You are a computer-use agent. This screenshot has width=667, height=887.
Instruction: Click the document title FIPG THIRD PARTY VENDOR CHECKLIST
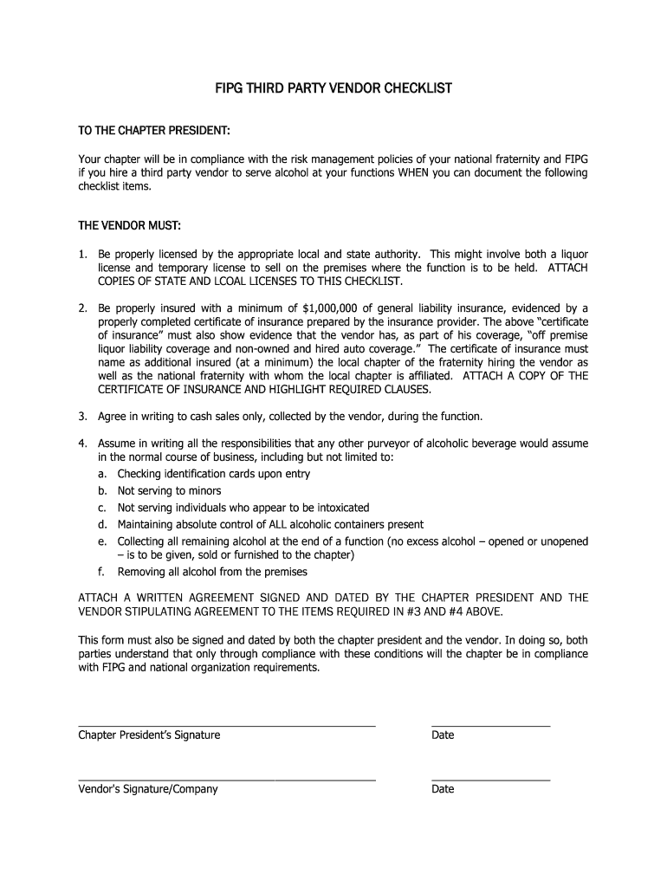click(x=333, y=88)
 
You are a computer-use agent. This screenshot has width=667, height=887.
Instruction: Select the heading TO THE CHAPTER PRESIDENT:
click(x=154, y=130)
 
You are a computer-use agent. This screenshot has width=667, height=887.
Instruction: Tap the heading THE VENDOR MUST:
click(x=130, y=226)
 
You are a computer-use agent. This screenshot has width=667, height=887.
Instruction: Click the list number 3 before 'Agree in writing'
click(x=82, y=417)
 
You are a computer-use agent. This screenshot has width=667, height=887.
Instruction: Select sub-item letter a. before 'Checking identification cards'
click(x=102, y=474)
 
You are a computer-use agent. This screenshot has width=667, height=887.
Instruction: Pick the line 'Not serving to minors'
click(x=169, y=490)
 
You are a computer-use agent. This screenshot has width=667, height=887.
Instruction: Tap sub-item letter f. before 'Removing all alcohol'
click(x=101, y=572)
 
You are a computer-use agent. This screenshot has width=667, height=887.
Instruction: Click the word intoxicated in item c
click(x=340, y=508)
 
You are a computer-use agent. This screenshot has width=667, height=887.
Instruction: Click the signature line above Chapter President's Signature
click(x=227, y=724)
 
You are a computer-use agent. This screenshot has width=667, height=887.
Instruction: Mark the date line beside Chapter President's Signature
click(x=490, y=724)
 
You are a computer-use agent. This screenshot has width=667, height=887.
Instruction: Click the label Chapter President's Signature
click(x=149, y=735)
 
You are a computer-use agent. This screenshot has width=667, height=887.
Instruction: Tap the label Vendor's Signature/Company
click(x=148, y=789)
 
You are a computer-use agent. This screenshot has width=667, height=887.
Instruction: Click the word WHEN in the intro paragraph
click(x=416, y=172)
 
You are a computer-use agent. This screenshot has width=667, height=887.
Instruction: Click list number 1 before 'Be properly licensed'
click(x=82, y=254)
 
